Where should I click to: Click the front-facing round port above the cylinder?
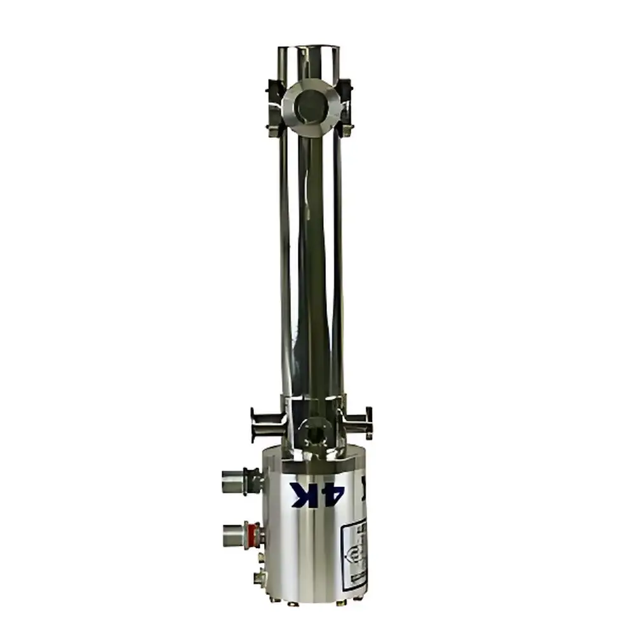(313, 433)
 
